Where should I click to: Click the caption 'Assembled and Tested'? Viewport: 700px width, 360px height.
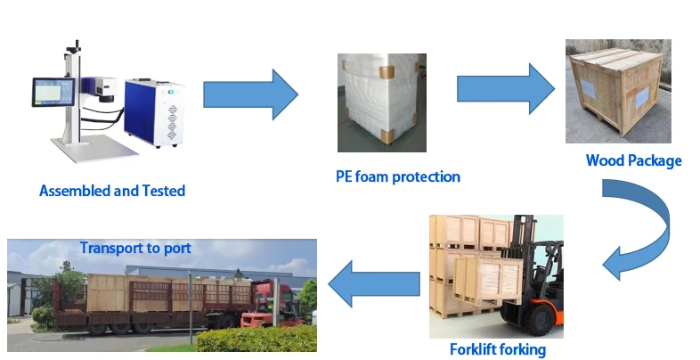(112, 190)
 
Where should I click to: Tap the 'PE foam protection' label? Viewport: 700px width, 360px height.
(397, 176)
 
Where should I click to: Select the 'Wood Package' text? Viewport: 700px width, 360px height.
(633, 161)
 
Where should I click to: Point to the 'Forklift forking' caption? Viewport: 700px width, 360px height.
(498, 349)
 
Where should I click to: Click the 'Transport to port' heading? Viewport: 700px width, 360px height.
(134, 248)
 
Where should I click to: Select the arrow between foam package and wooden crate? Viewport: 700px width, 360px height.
(505, 89)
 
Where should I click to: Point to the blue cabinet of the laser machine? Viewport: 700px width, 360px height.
(153, 113)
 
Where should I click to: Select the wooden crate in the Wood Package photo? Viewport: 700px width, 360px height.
(618, 98)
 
